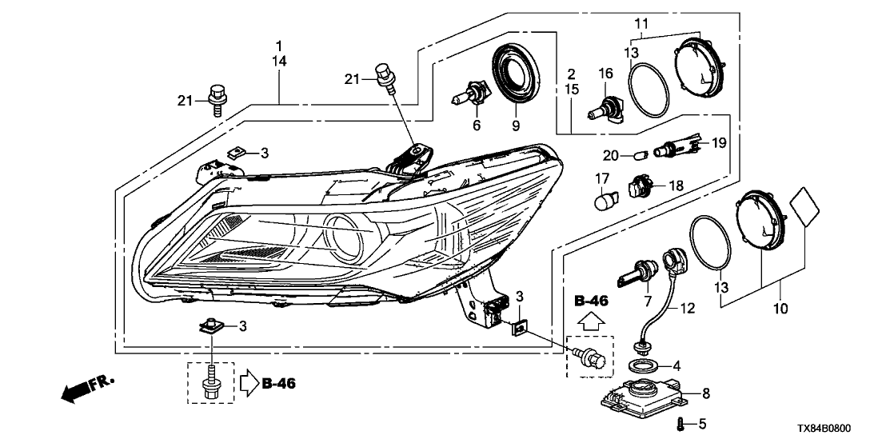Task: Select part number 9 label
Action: pos(515,126)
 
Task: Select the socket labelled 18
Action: pos(639,186)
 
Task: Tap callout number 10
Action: pos(781,307)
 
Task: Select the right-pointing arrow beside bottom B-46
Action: pos(248,384)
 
